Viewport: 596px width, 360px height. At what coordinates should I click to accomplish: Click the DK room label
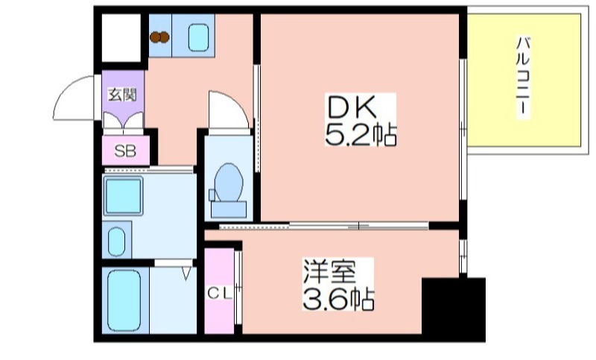(352, 107)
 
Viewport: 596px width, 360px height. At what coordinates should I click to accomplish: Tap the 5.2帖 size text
(361, 135)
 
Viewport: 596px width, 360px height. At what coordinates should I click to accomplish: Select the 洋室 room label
(329, 271)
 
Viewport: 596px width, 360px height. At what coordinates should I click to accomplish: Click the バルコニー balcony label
(523, 75)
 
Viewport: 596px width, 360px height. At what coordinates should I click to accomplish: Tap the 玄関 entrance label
(122, 95)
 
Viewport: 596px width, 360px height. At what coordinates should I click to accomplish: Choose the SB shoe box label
(125, 151)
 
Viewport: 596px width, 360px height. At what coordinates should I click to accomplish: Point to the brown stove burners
(159, 37)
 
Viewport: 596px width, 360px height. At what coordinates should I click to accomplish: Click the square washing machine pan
(123, 196)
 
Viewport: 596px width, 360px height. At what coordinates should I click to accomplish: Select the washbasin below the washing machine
(116, 241)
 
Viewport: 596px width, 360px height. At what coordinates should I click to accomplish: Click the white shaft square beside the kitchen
(121, 37)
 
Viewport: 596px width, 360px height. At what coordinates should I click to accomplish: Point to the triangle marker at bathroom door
(186, 274)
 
